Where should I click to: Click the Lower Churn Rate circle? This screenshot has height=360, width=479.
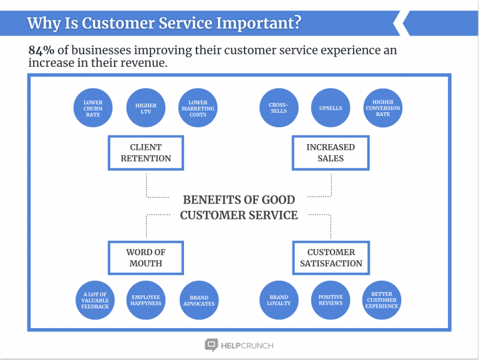tap(93, 107)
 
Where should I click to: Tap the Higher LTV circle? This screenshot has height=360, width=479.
tap(145, 107)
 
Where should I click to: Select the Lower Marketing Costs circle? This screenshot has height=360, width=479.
tap(198, 107)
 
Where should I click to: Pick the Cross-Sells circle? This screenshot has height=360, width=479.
tap(279, 107)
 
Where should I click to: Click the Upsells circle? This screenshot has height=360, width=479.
tap(331, 107)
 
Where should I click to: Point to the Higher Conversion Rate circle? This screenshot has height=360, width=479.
tap(383, 107)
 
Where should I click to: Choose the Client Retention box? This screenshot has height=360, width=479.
tap(145, 153)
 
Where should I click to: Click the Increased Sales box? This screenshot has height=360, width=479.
tap(331, 153)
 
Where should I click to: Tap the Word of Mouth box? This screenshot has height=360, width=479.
tap(145, 258)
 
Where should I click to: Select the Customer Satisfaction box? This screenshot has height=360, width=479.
tap(331, 258)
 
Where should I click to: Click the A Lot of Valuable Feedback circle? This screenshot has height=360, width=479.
tap(95, 300)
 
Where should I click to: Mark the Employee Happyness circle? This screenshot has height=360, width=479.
tap(145, 300)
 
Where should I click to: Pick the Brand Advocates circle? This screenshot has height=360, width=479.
tap(199, 300)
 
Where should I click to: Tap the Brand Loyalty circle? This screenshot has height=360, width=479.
tap(279, 300)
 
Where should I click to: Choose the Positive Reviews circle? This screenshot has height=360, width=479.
tap(331, 300)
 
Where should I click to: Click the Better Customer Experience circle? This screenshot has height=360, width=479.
tap(382, 300)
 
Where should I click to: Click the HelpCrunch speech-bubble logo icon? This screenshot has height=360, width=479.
tap(211, 344)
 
